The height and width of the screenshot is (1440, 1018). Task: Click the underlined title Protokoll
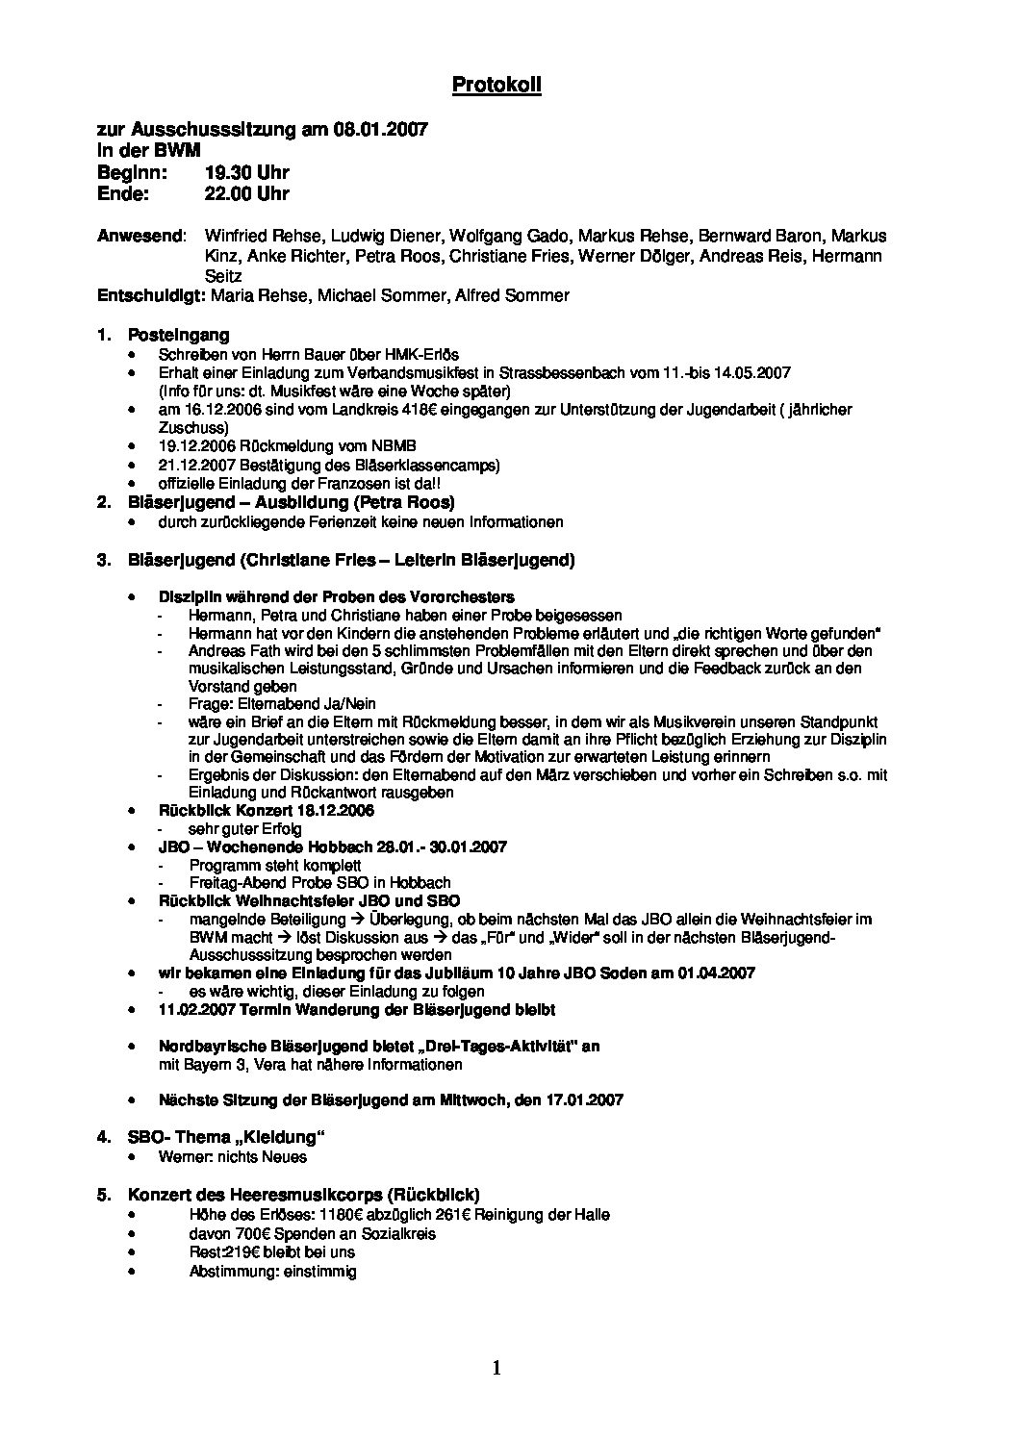pos(496,86)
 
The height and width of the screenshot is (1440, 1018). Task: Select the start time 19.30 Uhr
pos(246,172)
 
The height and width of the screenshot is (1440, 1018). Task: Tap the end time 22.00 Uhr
pos(246,193)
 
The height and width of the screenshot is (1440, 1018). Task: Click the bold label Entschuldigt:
pos(150,295)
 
